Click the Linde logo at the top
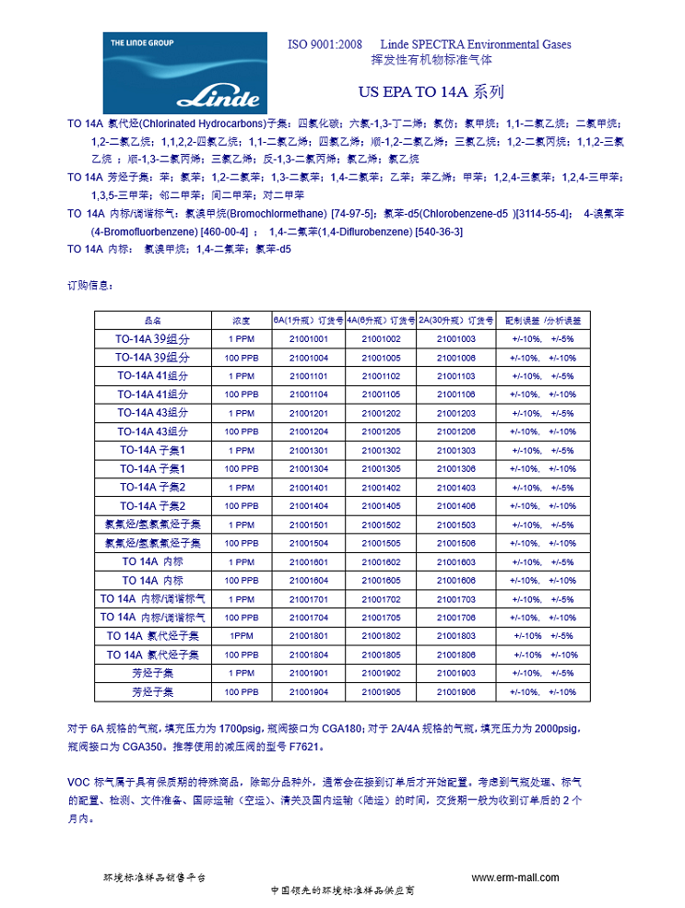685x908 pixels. [184, 74]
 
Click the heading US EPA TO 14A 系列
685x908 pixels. [431, 92]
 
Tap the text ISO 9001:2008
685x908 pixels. [325, 44]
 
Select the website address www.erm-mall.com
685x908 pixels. [515, 878]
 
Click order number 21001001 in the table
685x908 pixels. [309, 339]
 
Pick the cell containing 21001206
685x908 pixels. [455, 431]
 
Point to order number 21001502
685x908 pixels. [381, 525]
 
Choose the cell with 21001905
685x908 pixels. [381, 691]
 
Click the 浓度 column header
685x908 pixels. [241, 321]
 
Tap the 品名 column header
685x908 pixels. [153, 321]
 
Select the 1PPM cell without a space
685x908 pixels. [241, 636]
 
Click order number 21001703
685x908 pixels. [455, 599]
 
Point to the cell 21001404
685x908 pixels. [309, 506]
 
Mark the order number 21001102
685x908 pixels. [381, 376]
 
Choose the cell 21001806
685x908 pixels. [455, 654]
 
